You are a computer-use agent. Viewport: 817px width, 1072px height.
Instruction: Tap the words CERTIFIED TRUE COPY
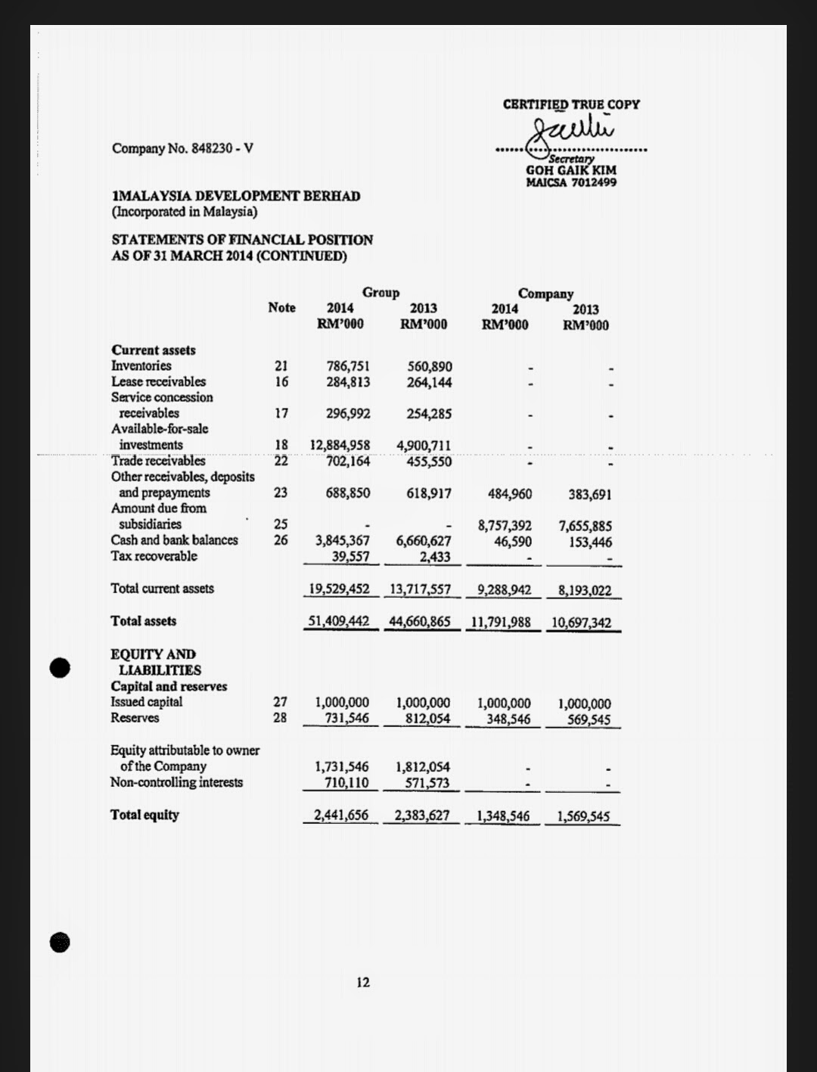coord(571,104)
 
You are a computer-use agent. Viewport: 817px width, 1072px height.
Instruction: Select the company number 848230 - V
coord(182,148)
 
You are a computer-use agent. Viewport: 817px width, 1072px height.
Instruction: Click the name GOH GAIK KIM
coord(571,171)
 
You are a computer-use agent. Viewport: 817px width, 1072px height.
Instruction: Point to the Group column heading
coord(381,293)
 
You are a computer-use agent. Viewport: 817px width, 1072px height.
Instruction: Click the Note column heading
coord(281,308)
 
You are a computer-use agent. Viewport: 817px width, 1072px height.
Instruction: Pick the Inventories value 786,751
coord(348,366)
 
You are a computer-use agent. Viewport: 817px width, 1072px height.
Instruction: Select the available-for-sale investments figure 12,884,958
coord(340,445)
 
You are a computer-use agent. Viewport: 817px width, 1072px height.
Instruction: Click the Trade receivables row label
coord(158,461)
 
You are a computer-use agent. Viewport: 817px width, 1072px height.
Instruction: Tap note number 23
coord(281,492)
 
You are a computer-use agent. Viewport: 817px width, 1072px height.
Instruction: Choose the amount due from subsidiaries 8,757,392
coord(505,525)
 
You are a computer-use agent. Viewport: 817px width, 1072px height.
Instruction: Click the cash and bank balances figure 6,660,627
coord(423,541)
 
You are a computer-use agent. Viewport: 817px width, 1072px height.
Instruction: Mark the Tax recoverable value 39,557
coord(351,556)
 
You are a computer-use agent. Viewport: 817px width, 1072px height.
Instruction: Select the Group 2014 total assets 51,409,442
coord(338,621)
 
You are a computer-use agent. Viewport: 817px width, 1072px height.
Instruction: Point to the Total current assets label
coord(162,589)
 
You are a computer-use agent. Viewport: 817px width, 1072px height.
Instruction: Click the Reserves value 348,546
coord(508,719)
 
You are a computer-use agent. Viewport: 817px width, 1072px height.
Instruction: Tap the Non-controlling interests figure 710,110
coord(346,783)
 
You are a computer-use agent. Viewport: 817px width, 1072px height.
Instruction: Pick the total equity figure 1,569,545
coord(583,816)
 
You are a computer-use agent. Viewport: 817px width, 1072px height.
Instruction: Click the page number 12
coord(363,982)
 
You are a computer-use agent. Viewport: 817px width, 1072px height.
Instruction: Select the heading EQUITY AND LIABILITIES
coord(154,662)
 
